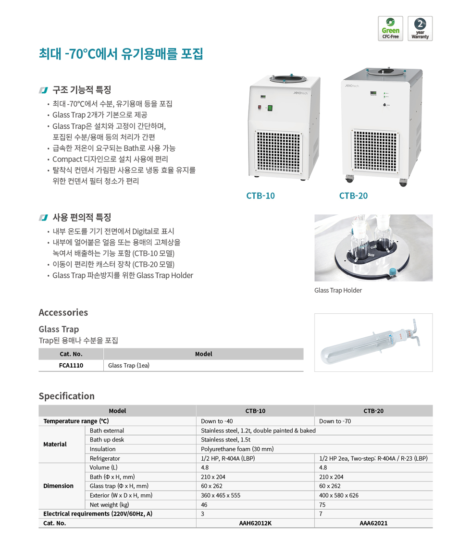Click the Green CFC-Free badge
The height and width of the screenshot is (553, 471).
coord(390,28)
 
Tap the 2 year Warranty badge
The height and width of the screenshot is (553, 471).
coord(420,28)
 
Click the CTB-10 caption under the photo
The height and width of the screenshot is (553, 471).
coord(260,196)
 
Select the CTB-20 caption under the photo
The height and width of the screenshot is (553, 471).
coord(353,196)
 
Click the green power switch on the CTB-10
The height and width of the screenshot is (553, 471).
coord(270,108)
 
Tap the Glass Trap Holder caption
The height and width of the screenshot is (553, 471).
coord(338,290)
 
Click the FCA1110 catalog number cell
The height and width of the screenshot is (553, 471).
coord(71,366)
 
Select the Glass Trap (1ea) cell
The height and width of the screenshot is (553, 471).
coord(129,366)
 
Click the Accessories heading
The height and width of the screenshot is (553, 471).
coord(63,312)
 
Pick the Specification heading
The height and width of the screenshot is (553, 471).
coord(67,396)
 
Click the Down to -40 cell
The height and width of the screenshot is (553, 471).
coord(217,421)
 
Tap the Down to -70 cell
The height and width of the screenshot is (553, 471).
coord(335,421)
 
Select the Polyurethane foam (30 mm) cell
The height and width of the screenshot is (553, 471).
coord(237,449)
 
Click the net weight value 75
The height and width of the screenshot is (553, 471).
coord(323,504)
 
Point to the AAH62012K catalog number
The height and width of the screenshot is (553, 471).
coord(255,523)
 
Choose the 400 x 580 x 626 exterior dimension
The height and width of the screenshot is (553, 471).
coord(339,495)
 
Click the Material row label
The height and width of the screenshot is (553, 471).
coord(55,444)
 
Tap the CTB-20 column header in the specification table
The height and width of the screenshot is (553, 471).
coord(373,411)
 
